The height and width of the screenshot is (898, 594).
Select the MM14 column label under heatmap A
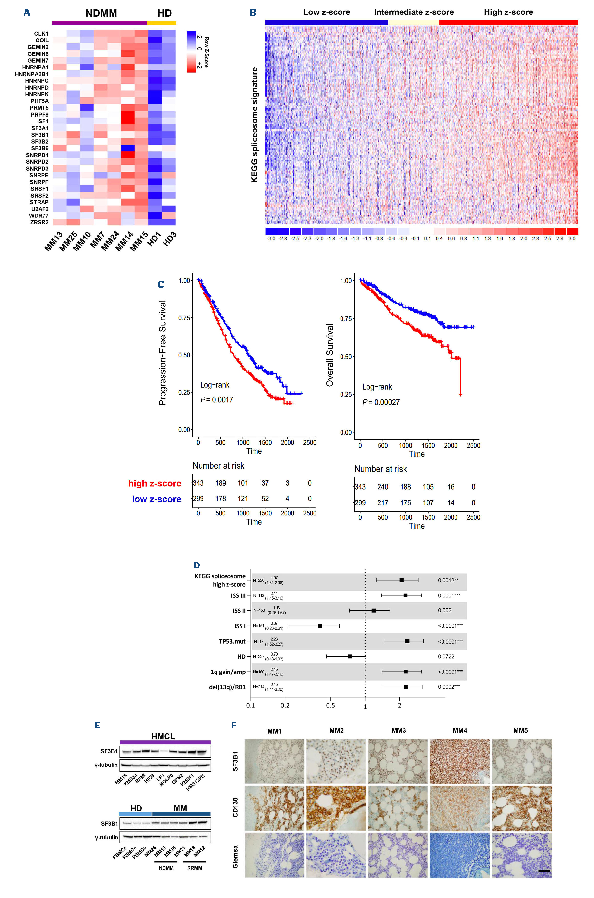tap(124, 241)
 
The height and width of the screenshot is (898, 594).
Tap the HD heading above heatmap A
tap(164, 13)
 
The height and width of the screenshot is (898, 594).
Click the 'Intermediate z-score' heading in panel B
tap(414, 12)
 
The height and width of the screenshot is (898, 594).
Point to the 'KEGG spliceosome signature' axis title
tap(254, 125)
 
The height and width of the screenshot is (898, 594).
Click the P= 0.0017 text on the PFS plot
tap(217, 399)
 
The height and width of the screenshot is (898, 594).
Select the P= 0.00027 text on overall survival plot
tap(381, 402)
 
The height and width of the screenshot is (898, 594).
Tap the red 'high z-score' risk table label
tap(154, 483)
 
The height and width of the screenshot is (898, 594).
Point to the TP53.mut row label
tap(232, 641)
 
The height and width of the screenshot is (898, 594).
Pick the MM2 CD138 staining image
tap(336, 808)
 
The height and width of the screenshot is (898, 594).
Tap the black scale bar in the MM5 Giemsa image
tap(543, 871)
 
